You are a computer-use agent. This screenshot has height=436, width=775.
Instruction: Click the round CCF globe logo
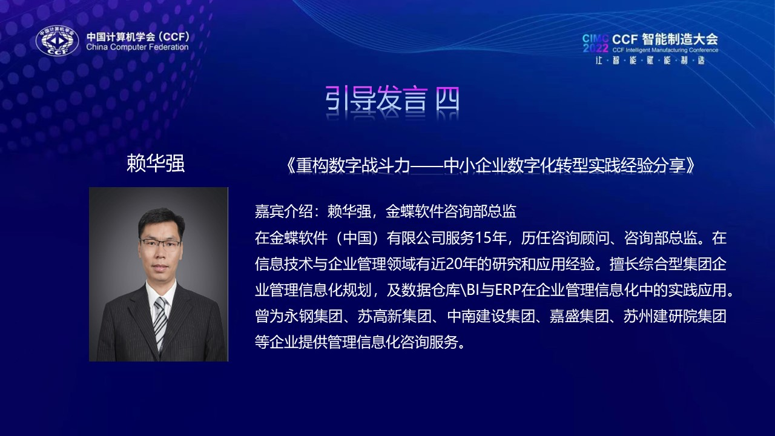[x=58, y=41]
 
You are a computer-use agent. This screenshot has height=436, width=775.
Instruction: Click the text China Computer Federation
[x=137, y=47]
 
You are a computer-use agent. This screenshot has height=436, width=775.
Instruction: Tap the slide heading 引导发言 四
[x=392, y=99]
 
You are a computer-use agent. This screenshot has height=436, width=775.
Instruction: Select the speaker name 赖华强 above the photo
[x=156, y=163]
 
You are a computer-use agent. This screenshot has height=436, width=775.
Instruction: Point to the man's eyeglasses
[x=160, y=243]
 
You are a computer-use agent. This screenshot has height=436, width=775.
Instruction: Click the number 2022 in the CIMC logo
[x=595, y=48]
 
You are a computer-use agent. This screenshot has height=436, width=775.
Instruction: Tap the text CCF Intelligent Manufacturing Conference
[x=665, y=50]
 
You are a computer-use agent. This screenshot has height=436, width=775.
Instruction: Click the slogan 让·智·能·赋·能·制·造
[x=650, y=61]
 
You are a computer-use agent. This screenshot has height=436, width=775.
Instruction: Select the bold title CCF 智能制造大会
[x=665, y=39]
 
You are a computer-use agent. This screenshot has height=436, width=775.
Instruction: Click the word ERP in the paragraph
[x=508, y=290]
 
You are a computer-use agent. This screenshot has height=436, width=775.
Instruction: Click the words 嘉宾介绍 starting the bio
[x=284, y=211]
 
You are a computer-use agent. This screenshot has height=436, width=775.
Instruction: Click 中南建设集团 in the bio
[x=491, y=316]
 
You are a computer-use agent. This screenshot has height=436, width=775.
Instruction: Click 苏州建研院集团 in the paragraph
[x=674, y=316]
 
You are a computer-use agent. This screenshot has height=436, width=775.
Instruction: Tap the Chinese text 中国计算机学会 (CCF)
[x=138, y=36]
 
